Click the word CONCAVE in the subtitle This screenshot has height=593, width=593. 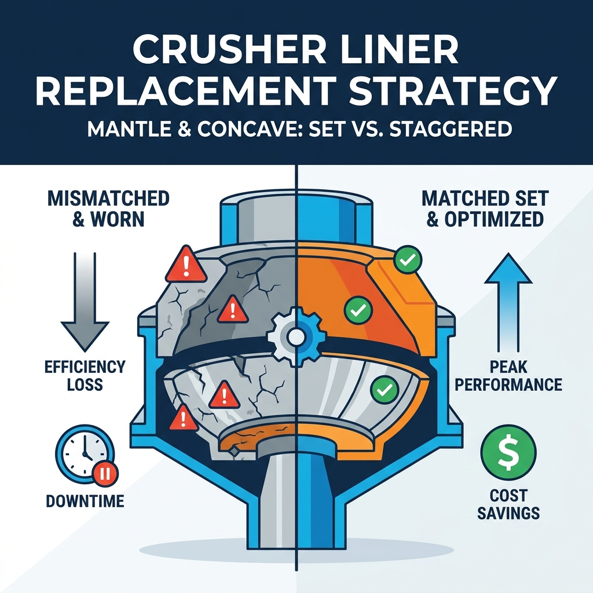243,129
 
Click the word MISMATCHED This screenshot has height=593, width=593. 108,199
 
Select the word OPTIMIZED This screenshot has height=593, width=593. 494,219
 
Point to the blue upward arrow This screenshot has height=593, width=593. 508,302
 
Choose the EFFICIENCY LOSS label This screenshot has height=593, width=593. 85,375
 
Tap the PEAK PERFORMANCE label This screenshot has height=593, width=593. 508,375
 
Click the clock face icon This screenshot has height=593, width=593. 85,453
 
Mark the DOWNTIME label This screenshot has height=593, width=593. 85,501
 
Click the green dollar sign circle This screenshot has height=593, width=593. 508,453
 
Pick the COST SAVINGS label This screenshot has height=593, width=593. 508,504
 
